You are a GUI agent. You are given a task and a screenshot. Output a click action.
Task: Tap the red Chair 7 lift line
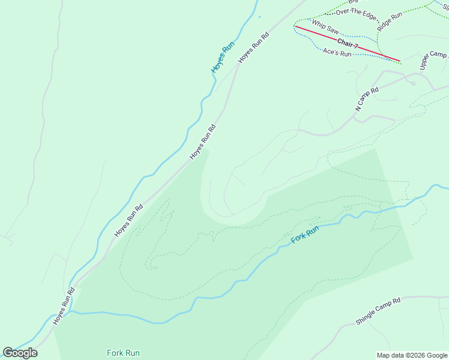[372, 51]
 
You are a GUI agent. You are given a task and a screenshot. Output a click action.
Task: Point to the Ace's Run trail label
[337, 53]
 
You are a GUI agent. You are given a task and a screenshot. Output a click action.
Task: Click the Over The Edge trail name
[356, 12]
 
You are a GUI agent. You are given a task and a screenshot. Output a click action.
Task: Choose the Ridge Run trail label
[389, 22]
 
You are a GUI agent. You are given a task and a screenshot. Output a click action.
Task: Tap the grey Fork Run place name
[123, 353]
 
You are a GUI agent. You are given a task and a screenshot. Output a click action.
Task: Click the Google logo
[20, 353]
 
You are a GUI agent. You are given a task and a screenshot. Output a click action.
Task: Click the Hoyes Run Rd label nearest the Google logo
[64, 307]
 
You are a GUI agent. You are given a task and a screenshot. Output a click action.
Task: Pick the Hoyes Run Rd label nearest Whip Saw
[253, 47]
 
